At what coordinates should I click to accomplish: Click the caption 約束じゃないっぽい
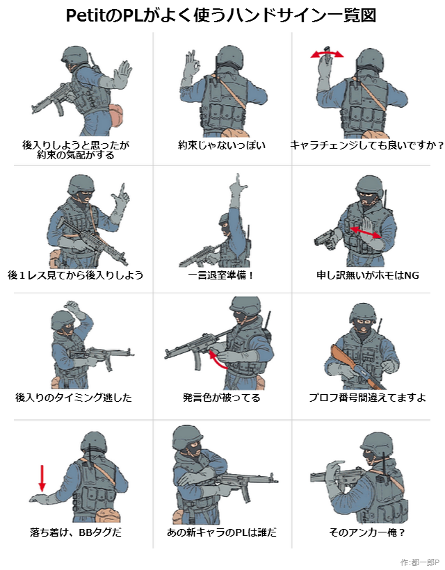[x=222, y=145]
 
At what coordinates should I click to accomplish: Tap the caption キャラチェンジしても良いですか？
[x=367, y=145]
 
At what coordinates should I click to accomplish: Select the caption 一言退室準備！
[x=220, y=275]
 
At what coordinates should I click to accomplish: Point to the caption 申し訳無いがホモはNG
[x=368, y=275]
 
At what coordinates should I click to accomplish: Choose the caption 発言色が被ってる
[x=221, y=398]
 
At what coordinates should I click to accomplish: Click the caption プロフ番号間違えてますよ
[x=367, y=398]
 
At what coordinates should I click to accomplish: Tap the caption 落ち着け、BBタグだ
[x=76, y=532]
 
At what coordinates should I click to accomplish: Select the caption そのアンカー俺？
[x=367, y=532]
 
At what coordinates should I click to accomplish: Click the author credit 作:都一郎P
[x=419, y=562]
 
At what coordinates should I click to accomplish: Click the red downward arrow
[x=42, y=478]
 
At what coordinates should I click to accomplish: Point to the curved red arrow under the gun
[x=218, y=359]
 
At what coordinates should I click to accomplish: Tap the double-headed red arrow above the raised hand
[x=327, y=54]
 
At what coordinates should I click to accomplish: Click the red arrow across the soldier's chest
[x=366, y=232]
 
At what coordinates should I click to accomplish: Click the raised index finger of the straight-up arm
[x=238, y=180]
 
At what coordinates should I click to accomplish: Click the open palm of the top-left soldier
[x=122, y=74]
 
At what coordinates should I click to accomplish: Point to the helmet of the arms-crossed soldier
[x=188, y=437]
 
